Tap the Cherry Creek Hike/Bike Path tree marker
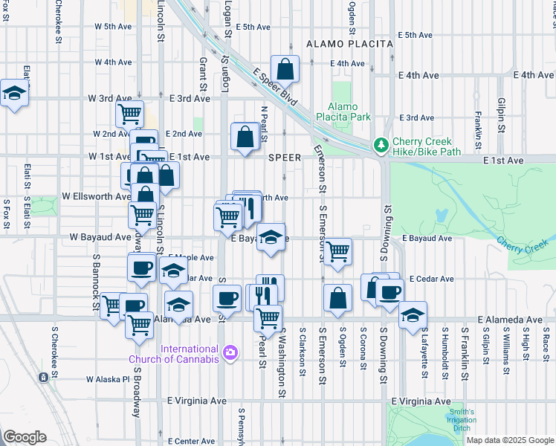click(x=381, y=143)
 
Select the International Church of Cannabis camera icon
click(x=230, y=350)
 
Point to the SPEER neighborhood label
click(x=285, y=158)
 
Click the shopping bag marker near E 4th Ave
click(x=285, y=70)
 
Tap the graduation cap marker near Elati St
click(x=14, y=94)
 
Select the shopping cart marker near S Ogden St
click(x=338, y=252)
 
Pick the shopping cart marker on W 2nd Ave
click(x=129, y=114)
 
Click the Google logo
click(x=25, y=437)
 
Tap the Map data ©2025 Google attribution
click(x=510, y=440)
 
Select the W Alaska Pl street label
click(x=108, y=378)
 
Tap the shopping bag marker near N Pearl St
click(x=245, y=137)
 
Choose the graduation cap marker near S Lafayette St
click(x=413, y=315)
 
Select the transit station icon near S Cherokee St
click(x=44, y=377)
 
